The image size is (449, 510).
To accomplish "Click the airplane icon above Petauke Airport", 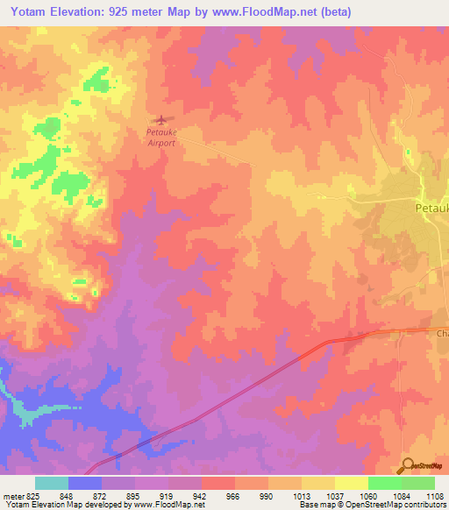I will coord(160,120).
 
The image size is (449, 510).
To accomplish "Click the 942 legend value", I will coord(201,495).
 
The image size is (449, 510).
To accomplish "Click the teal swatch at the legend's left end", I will coord(51,483).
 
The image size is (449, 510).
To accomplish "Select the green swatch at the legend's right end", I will coord(417,483).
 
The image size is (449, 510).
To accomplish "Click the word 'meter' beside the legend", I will coord(13,495).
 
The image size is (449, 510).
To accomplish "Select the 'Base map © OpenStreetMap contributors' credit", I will coord(372,505).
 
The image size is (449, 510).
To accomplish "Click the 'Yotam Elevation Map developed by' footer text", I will coord(67,505).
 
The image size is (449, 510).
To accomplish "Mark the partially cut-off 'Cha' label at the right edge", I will coord(442,334).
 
